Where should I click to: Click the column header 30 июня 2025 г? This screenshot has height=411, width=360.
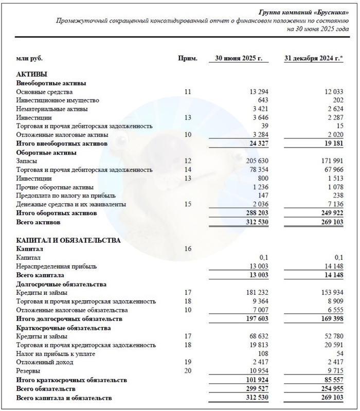239,58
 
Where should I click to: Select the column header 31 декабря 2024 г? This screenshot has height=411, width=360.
312,58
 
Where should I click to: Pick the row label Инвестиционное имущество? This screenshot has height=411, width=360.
58,100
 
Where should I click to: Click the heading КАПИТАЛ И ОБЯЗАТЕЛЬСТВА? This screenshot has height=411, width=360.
69,240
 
